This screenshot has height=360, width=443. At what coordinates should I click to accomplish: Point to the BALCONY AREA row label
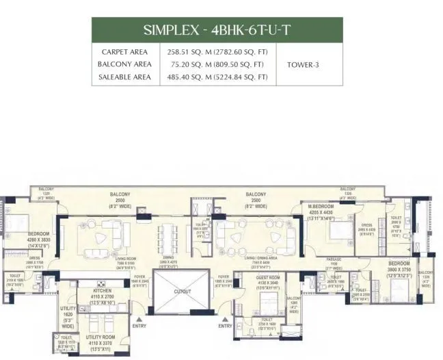tap(125, 65)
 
